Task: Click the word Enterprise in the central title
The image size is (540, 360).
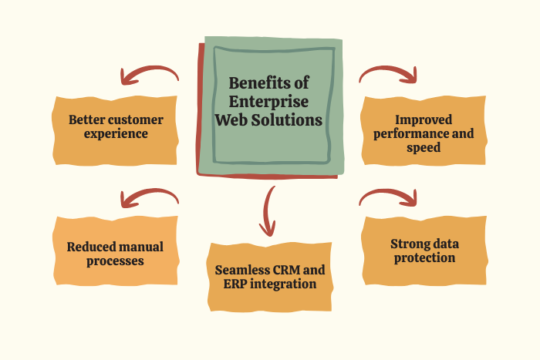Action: pos(268,102)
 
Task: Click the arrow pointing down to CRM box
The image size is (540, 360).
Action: pos(268,210)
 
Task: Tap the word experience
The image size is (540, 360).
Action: pos(116,133)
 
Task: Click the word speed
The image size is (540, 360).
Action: pos(424,147)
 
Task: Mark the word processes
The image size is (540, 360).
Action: pos(116,261)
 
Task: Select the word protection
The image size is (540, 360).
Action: pos(424,257)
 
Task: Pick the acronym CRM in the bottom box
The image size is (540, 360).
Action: pos(292,270)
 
